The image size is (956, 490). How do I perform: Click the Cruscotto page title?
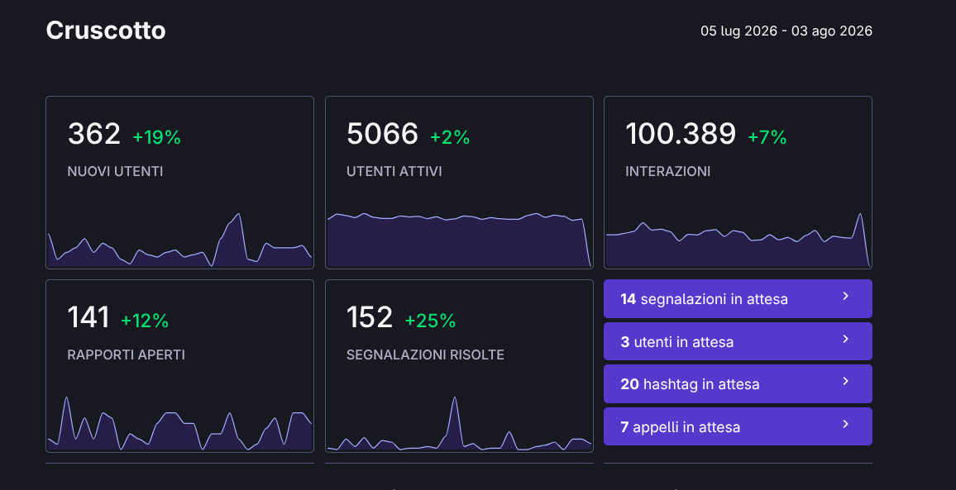click(106, 31)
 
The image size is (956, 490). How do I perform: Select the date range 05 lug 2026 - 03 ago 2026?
click(786, 31)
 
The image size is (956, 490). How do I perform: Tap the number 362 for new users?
click(94, 134)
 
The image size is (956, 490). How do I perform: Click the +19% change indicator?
click(156, 137)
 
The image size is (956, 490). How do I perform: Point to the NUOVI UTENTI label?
click(115, 171)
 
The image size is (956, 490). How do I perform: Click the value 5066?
click(382, 134)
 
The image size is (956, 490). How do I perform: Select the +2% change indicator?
click(450, 137)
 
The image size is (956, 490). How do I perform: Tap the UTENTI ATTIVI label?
click(394, 171)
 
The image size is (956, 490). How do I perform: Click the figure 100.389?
click(681, 134)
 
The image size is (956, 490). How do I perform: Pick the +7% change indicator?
click(767, 137)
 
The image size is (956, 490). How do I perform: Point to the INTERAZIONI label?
click(667, 171)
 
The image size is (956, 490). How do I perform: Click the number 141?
click(88, 317)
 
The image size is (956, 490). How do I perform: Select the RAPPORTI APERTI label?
click(127, 354)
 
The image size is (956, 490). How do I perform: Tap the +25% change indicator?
click(430, 321)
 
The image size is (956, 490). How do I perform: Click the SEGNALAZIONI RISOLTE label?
click(425, 354)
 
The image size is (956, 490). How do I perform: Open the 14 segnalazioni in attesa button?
click(738, 298)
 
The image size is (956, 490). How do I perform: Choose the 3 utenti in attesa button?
click(738, 341)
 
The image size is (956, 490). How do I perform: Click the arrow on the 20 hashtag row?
click(846, 382)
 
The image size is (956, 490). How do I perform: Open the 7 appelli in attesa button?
click(738, 426)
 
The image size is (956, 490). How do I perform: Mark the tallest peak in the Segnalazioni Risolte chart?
click(454, 397)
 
